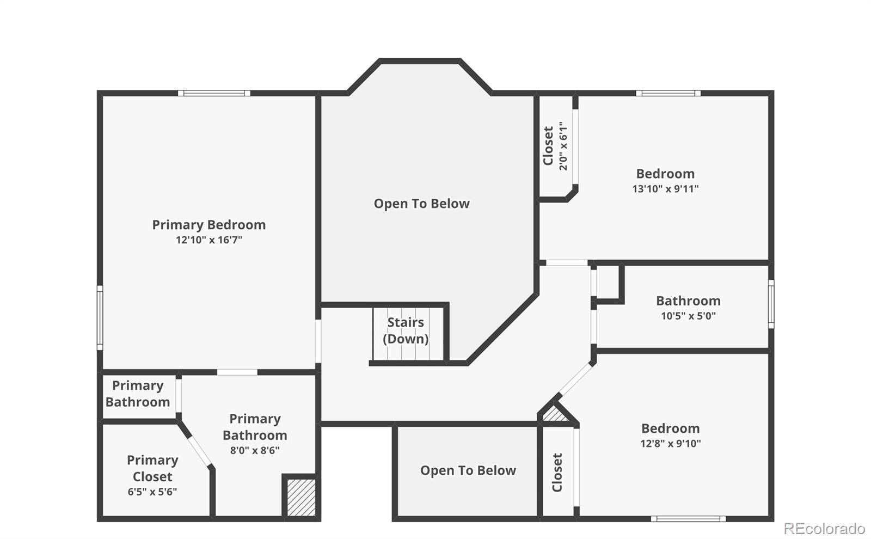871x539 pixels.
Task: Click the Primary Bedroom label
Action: click(x=209, y=225)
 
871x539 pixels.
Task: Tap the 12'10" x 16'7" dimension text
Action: click(x=209, y=240)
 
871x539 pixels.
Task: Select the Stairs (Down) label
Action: click(x=406, y=330)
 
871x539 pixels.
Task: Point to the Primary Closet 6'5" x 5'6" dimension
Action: click(x=152, y=492)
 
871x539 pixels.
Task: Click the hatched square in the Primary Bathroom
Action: click(x=301, y=498)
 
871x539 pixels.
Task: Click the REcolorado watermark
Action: click(x=824, y=529)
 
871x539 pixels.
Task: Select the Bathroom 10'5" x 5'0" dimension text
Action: click(x=688, y=316)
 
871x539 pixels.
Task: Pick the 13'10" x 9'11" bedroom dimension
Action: click(x=665, y=189)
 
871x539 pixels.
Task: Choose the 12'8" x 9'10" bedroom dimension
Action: click(x=671, y=443)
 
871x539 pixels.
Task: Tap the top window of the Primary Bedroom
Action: click(x=214, y=93)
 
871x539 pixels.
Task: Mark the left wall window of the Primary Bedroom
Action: click(x=100, y=318)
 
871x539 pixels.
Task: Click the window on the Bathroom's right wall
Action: click(x=771, y=304)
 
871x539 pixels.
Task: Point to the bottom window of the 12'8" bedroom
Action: click(x=688, y=519)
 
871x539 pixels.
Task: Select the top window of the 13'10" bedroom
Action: click(x=668, y=93)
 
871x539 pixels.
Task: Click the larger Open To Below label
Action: click(x=421, y=204)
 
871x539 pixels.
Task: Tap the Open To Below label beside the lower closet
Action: click(x=468, y=470)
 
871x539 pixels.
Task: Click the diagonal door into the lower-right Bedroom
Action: click(x=575, y=379)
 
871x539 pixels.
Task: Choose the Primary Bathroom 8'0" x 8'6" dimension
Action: click(x=255, y=450)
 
